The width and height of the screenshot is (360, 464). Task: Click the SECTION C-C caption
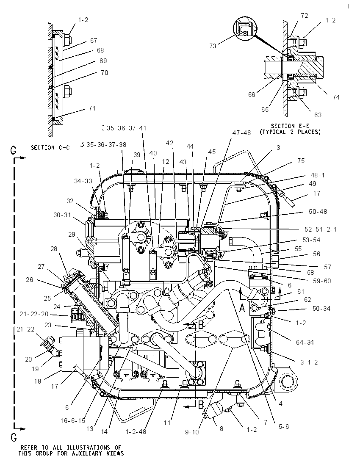51,147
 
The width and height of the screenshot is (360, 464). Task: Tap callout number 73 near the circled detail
213,46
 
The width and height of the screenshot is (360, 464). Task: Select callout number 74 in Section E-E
336,97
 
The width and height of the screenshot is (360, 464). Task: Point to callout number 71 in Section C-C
92,108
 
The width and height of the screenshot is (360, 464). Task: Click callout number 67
94,41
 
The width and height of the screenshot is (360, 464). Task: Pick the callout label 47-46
241,133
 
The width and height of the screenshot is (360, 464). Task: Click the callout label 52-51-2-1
321,229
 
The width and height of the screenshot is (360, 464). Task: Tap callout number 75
301,161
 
